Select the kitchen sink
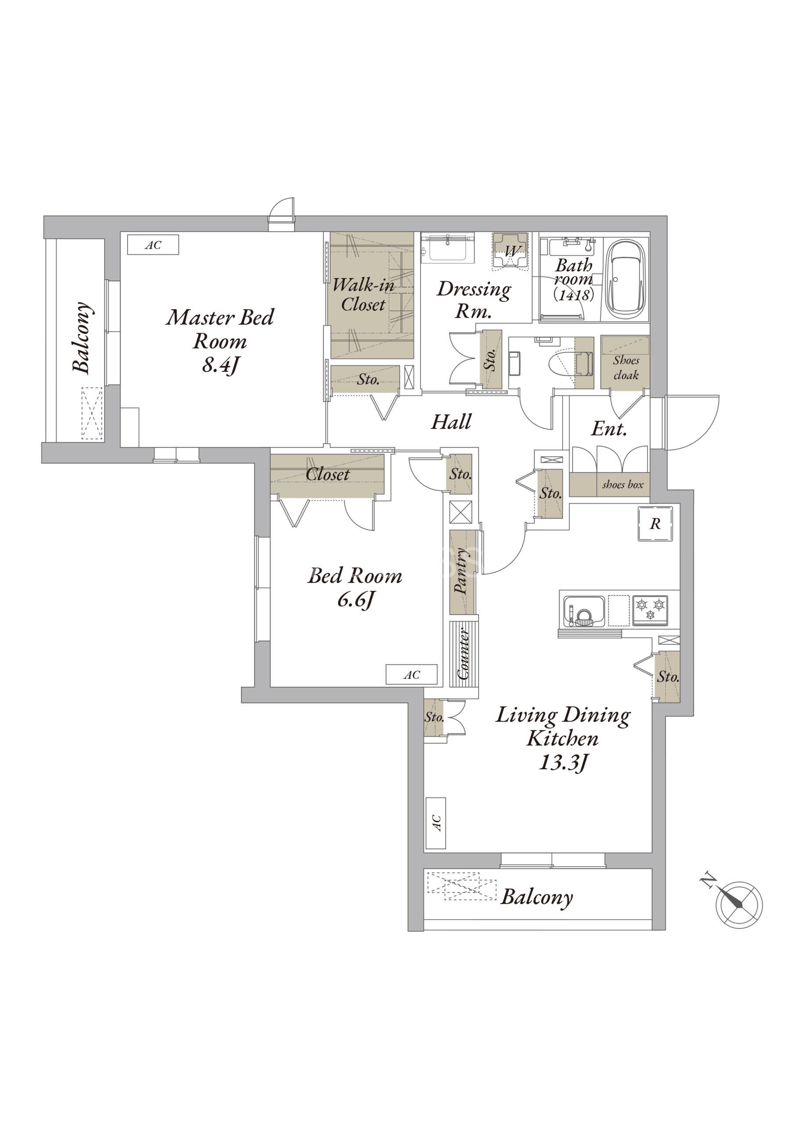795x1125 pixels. point(583,610)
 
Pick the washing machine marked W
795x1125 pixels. point(510,251)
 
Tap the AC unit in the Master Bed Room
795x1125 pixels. point(153,244)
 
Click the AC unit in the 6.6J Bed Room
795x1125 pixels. point(412,675)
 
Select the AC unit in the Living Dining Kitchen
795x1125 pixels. point(435,823)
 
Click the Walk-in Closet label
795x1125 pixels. point(363,294)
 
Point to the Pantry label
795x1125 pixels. point(462,571)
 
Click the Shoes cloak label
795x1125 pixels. point(625,367)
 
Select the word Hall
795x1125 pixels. point(451,421)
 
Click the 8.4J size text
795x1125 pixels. point(220,365)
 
